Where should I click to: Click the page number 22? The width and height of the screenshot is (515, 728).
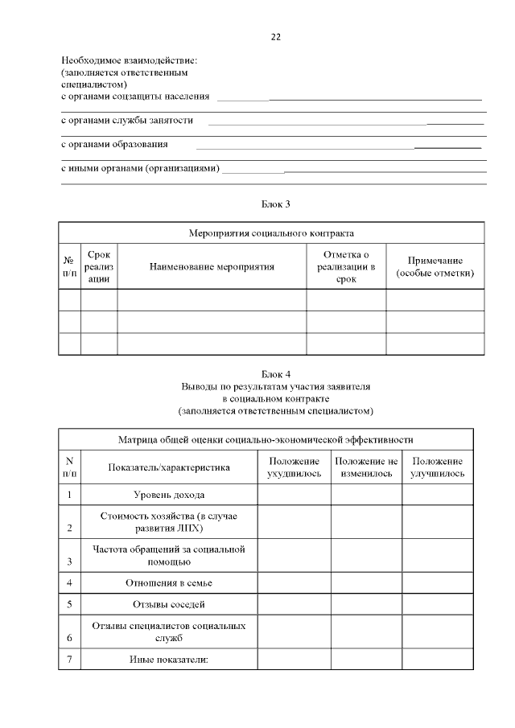[276, 37]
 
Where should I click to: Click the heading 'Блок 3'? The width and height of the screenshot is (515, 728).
[276, 204]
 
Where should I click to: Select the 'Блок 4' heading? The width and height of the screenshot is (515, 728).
[276, 374]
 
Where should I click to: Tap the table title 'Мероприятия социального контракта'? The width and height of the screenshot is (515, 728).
[271, 233]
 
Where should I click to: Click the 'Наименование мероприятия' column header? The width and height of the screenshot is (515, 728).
[212, 266]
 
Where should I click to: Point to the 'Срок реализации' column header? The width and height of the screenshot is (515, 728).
[99, 266]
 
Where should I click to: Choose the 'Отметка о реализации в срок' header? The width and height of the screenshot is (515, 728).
[346, 266]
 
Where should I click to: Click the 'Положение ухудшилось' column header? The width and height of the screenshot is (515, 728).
[294, 467]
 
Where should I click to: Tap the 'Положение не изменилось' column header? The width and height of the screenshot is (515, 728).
[366, 467]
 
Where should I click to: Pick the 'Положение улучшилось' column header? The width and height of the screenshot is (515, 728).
[437, 467]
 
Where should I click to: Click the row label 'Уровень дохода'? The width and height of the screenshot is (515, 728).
[169, 495]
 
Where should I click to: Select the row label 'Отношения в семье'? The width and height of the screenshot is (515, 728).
[169, 582]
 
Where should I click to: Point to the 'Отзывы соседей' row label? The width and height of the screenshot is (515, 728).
[169, 604]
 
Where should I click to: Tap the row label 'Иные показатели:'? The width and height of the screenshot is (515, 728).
[169, 660]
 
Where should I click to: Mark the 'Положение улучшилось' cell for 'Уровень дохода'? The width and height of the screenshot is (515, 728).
[437, 495]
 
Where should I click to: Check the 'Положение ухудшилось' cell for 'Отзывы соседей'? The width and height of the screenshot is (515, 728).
[294, 604]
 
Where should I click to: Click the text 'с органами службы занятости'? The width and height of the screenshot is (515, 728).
[127, 120]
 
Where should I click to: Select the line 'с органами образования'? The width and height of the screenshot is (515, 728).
[115, 144]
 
